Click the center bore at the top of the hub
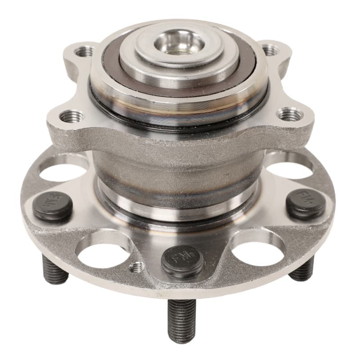pyautogui.click(x=180, y=44)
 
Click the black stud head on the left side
pyautogui.click(x=53, y=206)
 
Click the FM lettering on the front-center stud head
pyautogui.click(x=182, y=259)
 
